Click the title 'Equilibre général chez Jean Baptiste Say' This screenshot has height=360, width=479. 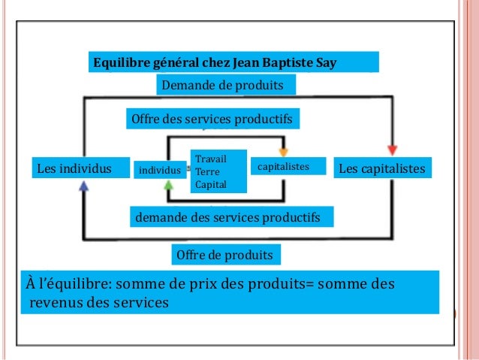click(214, 62)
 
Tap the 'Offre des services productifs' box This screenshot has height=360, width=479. click(211, 119)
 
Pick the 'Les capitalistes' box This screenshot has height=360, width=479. click(382, 168)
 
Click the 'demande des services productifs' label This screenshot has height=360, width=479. click(227, 218)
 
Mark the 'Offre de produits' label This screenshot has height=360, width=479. click(224, 256)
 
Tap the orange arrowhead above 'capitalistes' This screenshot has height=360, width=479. click(284, 150)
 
